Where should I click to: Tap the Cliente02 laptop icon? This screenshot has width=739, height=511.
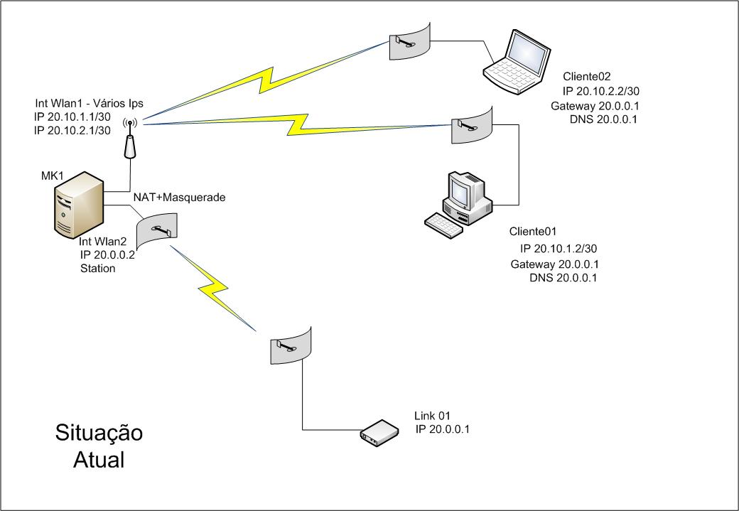tap(515, 63)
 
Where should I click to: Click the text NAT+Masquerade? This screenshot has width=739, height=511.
tap(179, 197)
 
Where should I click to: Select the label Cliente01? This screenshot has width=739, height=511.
tap(532, 232)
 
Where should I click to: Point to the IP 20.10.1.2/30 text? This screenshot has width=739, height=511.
tap(558, 249)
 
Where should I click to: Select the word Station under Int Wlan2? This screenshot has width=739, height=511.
tap(98, 269)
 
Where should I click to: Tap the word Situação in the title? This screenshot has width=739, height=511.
tap(99, 433)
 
